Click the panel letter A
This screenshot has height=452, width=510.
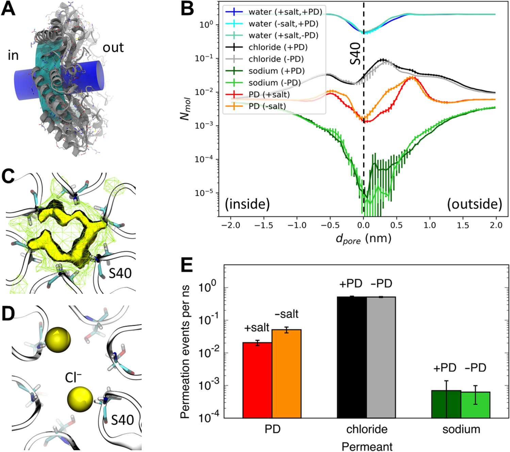8,9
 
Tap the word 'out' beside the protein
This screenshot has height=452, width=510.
113,48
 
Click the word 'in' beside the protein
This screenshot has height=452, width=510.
13,55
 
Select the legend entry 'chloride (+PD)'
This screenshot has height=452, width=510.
278,47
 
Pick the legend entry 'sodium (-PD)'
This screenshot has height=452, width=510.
274,83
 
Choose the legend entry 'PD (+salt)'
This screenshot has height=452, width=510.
269,95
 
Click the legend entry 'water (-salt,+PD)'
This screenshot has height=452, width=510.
283,24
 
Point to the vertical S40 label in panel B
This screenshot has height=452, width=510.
355,53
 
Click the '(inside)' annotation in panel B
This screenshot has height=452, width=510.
247,204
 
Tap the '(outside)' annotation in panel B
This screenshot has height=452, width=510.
474,204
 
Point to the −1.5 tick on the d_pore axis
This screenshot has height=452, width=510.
264,225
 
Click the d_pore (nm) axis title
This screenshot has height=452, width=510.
363,239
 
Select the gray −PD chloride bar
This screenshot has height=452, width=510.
381,357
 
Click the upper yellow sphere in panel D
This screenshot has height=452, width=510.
58,340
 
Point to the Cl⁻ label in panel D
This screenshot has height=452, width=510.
73,377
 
